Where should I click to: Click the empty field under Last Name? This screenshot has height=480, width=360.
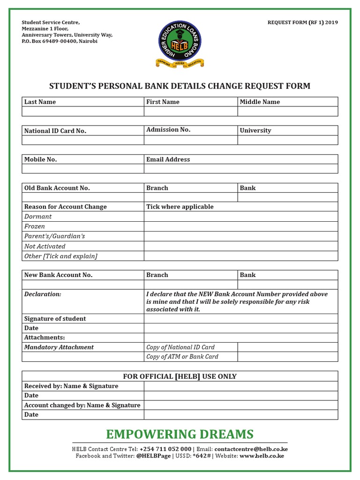(83, 112)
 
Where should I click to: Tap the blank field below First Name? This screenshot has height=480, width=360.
(190, 112)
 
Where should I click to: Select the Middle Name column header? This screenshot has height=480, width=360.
(260, 102)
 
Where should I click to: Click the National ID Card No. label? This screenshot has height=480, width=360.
(55, 131)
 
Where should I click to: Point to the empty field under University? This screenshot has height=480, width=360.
(287, 140)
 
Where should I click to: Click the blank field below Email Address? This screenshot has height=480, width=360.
(240, 169)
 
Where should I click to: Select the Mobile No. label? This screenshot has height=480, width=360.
(41, 159)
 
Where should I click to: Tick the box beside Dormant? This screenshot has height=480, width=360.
(240, 217)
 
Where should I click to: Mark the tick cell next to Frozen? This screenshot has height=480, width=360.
(240, 226)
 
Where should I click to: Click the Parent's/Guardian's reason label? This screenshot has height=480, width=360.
(54, 236)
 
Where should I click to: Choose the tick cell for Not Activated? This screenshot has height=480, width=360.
(240, 246)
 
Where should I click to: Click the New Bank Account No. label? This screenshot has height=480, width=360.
(59, 275)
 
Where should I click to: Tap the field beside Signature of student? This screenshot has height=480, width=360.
(240, 319)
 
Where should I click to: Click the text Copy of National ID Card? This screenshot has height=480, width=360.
(180, 347)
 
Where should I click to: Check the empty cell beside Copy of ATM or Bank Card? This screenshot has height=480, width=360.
(287, 357)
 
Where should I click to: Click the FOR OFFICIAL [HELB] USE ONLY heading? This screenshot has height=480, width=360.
(180, 376)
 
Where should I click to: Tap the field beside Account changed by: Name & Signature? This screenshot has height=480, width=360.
(240, 405)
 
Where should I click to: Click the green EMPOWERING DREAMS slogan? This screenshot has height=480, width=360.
(180, 434)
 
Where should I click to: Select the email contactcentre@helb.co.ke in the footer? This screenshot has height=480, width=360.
(251, 449)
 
